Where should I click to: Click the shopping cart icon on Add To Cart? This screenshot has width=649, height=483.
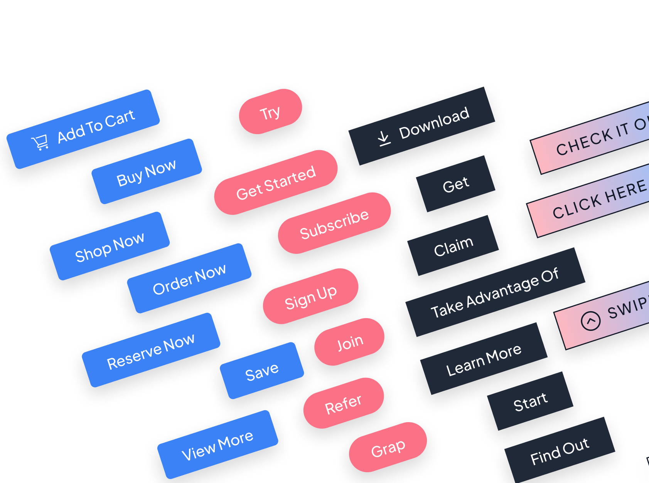coord(40,142)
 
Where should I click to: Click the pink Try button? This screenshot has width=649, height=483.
coord(270,112)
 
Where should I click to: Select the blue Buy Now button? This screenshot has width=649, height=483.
coord(147,172)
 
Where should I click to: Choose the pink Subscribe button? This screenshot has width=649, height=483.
coord(334,223)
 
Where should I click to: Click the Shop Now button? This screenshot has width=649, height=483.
coord(110,246)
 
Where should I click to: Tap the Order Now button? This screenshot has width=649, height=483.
coord(189,278)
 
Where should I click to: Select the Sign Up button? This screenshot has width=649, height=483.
coord(311,296)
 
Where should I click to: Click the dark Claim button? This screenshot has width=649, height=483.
coord(453,246)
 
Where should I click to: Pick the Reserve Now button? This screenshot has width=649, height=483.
coord(151,350)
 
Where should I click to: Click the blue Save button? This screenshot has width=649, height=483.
coord(262,371)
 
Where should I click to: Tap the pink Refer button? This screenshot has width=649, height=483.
coord(344,403)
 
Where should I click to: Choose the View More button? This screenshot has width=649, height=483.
coord(217,444)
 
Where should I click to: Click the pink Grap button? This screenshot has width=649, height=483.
coord(388,448)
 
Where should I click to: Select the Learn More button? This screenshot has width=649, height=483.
coord(484,359)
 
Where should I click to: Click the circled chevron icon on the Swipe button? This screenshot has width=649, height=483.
coord(591,320)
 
